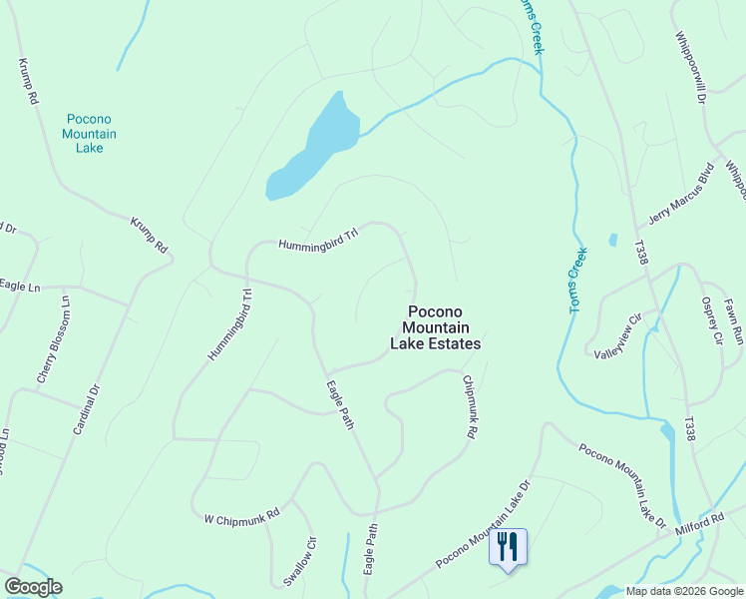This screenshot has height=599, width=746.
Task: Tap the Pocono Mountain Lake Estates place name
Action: coord(435,327)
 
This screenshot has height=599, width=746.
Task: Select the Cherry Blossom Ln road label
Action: coord(54,339)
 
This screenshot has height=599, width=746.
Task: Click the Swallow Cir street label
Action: coord(299,560)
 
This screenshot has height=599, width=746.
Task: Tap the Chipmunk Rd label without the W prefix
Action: coord(471,406)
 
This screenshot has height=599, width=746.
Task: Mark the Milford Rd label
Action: coord(698,523)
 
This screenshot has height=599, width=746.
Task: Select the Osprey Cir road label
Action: coord(711,321)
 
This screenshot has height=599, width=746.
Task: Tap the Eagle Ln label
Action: coord(20,287)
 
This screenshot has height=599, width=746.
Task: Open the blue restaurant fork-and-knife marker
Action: coord(509,547)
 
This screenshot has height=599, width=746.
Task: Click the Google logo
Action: coord(33,587)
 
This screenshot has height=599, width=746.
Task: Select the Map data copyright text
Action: coord(684,591)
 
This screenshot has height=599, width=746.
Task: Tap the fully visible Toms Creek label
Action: coord(577,282)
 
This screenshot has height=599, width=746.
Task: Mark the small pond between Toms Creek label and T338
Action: coord(612,241)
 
